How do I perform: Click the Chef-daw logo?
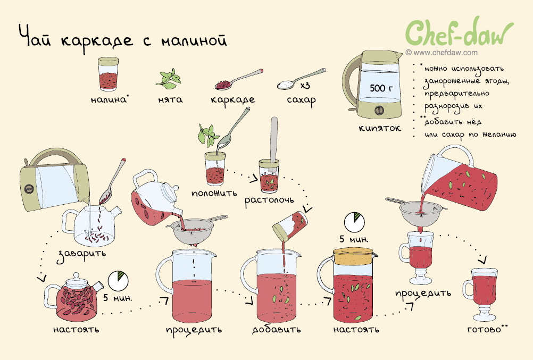459,32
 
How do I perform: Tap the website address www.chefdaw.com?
442,53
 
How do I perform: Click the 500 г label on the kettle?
381,88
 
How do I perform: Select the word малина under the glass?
109,99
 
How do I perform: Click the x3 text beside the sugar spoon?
305,85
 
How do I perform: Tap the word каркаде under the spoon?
232,100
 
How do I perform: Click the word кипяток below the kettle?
380,128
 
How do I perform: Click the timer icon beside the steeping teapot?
118,281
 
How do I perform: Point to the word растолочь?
269,200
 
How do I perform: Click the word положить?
214,194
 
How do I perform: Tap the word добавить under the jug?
277,330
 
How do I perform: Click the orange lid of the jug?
353,256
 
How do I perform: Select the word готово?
484,329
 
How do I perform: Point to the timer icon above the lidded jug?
354,223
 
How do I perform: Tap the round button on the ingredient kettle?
379,110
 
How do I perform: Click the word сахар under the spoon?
301,101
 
